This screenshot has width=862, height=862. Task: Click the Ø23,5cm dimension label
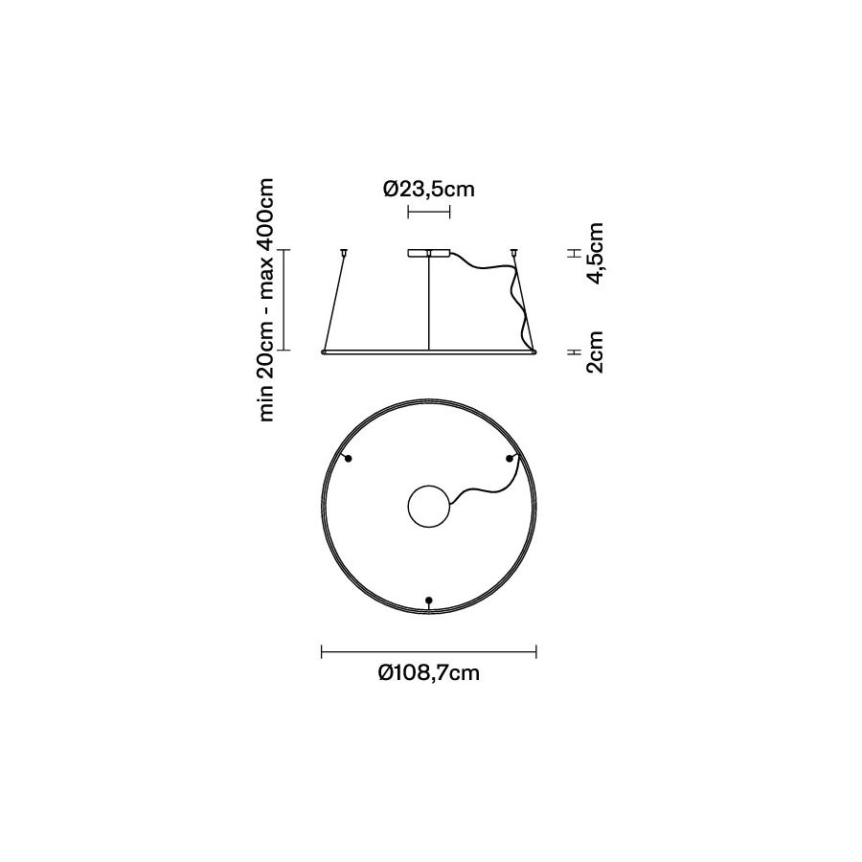[429, 189]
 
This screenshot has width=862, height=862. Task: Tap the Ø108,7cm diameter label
[429, 672]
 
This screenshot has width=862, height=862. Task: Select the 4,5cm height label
[596, 254]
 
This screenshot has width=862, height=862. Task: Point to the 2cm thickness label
[596, 352]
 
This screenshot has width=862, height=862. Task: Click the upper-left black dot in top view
[348, 459]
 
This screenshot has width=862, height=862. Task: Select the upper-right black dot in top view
[510, 459]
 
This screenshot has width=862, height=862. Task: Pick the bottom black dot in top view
[429, 600]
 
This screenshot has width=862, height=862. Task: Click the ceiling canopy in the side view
[429, 254]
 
